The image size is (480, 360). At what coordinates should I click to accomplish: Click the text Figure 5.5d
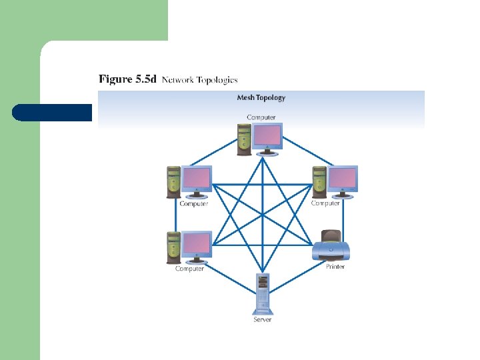(x=127, y=79)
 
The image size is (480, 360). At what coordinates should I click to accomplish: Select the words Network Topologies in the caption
(x=199, y=80)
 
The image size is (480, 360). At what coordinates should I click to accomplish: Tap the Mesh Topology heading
(x=261, y=97)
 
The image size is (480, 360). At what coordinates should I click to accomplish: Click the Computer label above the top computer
(x=261, y=117)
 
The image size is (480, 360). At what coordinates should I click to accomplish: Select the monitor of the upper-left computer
(x=197, y=180)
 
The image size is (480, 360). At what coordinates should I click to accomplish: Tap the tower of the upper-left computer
(x=173, y=182)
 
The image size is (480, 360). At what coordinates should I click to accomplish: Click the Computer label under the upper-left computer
(x=194, y=203)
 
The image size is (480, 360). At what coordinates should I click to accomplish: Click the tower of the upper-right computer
(x=319, y=181)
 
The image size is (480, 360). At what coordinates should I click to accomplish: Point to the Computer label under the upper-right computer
(x=326, y=203)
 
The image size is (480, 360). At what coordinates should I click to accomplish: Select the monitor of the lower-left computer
(x=197, y=245)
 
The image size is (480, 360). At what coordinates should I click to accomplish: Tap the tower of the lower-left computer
(x=173, y=247)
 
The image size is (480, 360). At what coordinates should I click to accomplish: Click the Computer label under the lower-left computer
(x=190, y=269)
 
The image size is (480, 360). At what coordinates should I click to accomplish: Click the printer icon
(x=331, y=247)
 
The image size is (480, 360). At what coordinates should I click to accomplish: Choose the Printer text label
(x=335, y=267)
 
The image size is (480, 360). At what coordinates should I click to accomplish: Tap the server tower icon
(x=262, y=294)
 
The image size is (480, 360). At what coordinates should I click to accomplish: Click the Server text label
(x=262, y=320)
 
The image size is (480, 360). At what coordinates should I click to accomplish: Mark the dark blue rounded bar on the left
(x=52, y=113)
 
